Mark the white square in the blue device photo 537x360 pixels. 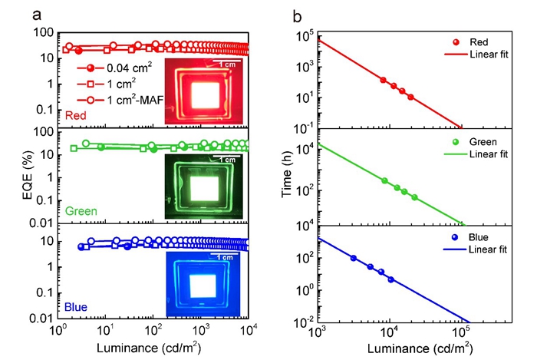coord(205,284)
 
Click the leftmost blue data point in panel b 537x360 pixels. coord(354,258)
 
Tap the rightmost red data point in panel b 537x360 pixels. coord(410,97)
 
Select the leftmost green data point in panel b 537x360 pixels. coord(384,180)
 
